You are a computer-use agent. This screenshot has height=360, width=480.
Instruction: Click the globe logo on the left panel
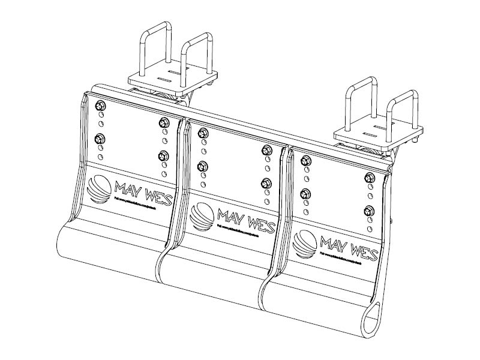click(x=98, y=189)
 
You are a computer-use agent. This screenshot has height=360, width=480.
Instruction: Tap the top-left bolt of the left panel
click(x=100, y=106)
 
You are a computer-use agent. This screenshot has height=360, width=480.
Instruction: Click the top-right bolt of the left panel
click(x=162, y=123)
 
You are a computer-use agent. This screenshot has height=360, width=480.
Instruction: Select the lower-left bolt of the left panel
click(x=100, y=139)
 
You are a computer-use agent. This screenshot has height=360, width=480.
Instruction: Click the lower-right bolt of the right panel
click(x=368, y=210)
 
